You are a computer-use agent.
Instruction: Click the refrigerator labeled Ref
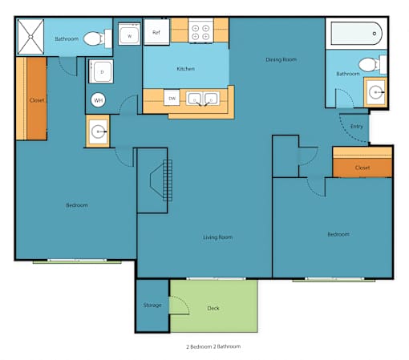tap(156, 31)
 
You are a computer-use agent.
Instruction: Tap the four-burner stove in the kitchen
tap(200, 30)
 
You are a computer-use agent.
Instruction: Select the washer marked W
tap(129, 34)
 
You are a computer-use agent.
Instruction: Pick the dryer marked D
tap(101, 71)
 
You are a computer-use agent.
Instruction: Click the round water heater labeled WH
tap(98, 100)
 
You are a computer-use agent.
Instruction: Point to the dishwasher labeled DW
tap(172, 98)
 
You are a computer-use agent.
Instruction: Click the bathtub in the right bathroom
tap(357, 34)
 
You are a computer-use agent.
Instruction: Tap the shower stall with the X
tap(30, 37)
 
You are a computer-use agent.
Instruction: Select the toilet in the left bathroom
tap(98, 38)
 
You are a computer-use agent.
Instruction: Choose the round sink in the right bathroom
tap(375, 92)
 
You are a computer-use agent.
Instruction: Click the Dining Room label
tap(281, 59)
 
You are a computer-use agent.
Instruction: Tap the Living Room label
tap(217, 237)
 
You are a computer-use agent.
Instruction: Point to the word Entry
tap(357, 127)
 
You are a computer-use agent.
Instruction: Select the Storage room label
tap(152, 305)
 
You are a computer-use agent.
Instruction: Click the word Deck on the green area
tap(213, 308)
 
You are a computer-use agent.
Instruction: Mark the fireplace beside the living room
tap(161, 180)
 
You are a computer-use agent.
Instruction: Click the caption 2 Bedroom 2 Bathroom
tap(213, 346)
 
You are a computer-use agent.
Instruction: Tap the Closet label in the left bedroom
tap(37, 100)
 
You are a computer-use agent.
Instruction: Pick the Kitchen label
tap(185, 69)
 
